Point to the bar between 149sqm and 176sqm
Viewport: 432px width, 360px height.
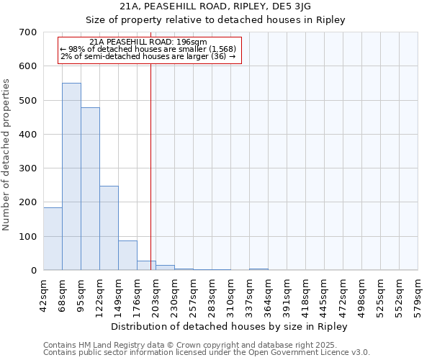coord(127,256)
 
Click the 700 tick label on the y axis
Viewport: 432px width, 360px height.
coord(28,32)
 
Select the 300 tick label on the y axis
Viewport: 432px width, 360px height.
coord(28,168)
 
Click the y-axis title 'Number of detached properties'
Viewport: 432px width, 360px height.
coord(7,156)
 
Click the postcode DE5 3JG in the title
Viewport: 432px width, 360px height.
coord(290,6)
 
